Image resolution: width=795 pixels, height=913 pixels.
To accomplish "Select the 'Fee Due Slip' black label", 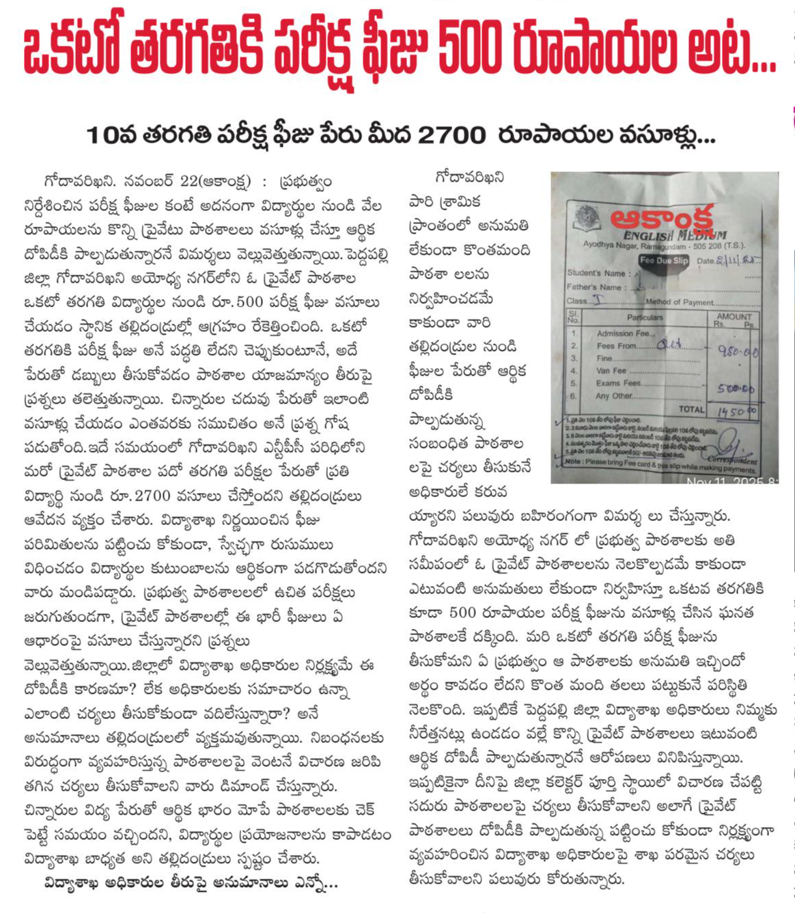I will (x=663, y=260).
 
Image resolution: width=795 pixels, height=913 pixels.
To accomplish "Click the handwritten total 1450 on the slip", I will (x=736, y=412).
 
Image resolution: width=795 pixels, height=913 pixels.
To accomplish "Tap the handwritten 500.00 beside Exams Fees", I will (x=736, y=388).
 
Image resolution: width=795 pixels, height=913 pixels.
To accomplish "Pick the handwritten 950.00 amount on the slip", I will (x=737, y=351).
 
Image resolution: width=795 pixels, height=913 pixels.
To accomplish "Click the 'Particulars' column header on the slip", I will (x=645, y=317).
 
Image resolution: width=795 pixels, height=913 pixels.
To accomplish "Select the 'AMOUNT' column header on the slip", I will (x=734, y=317).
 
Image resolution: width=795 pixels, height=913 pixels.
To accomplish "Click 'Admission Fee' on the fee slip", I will (x=624, y=333).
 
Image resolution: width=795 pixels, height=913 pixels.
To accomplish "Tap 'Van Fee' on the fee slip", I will (x=611, y=371).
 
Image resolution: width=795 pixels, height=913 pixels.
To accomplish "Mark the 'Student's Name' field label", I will (x=596, y=273).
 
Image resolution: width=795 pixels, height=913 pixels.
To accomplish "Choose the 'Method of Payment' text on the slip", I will (x=679, y=302).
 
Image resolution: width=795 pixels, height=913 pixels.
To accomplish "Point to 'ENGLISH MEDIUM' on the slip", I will (x=675, y=236).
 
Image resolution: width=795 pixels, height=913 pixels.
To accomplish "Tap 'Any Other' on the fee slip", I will (x=614, y=396).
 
